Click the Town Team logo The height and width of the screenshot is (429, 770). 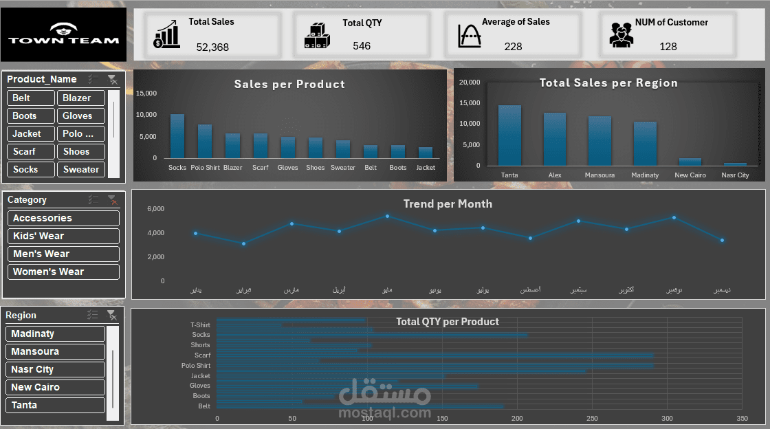click(x=63, y=34)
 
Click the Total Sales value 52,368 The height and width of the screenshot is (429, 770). click(x=212, y=47)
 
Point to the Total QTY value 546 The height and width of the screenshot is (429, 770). click(x=362, y=46)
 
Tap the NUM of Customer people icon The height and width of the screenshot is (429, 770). click(x=621, y=35)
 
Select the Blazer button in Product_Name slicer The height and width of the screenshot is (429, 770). click(x=81, y=98)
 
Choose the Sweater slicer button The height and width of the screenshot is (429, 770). click(x=81, y=170)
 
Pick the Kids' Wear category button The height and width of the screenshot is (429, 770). click(x=63, y=236)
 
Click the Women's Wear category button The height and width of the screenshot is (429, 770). click(x=63, y=272)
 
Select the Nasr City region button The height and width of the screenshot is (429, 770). click(x=55, y=369)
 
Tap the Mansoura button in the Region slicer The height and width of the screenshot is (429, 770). click(x=55, y=351)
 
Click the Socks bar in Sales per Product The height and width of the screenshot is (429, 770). click(x=177, y=137)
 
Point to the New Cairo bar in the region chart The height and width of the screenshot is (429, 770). click(x=690, y=162)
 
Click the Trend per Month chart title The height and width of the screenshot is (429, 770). click(x=448, y=203)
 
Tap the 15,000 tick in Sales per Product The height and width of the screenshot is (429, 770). click(x=147, y=93)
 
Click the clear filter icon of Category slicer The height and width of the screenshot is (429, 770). click(x=112, y=200)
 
